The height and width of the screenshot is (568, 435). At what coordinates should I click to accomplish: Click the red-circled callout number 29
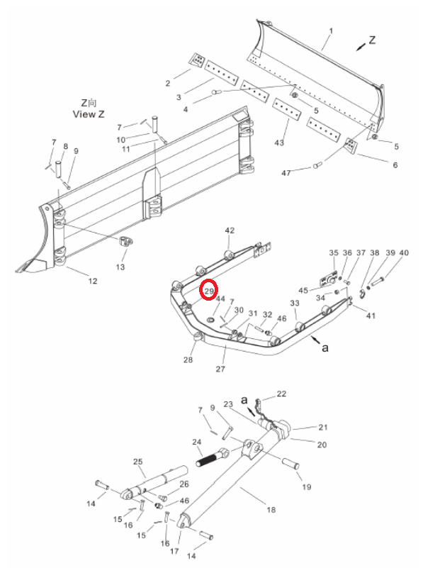(x=209, y=291)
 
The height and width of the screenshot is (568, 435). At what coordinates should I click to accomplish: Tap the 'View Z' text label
(x=89, y=114)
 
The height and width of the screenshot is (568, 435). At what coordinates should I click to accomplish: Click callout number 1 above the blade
(x=331, y=31)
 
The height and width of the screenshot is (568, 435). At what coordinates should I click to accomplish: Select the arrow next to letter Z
(x=361, y=46)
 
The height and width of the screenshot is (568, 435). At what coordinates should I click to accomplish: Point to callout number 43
(x=279, y=143)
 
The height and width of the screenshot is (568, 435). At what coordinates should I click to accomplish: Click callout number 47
(x=286, y=173)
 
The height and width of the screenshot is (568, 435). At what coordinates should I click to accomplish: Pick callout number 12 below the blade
(x=93, y=281)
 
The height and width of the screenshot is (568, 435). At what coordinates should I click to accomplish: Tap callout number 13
(x=120, y=267)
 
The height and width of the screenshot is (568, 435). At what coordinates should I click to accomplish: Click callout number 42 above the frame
(x=230, y=230)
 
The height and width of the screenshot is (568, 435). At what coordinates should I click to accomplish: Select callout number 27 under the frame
(x=220, y=369)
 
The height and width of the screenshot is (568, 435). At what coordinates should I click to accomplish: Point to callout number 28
(x=188, y=360)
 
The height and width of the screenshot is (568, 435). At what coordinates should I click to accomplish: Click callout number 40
(x=404, y=253)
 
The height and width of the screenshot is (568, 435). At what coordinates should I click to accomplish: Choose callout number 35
(x=334, y=253)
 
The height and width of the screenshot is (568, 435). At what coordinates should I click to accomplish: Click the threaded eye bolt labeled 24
(x=213, y=457)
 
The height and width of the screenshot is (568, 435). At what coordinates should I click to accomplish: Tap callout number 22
(x=281, y=394)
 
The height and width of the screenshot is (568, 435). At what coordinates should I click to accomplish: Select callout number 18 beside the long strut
(x=271, y=510)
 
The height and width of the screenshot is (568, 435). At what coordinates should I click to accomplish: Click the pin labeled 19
(x=290, y=464)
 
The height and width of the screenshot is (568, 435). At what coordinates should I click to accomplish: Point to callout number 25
(x=138, y=462)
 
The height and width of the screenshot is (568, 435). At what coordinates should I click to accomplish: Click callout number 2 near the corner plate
(x=168, y=83)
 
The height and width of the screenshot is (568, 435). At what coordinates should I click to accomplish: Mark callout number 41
(x=371, y=316)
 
